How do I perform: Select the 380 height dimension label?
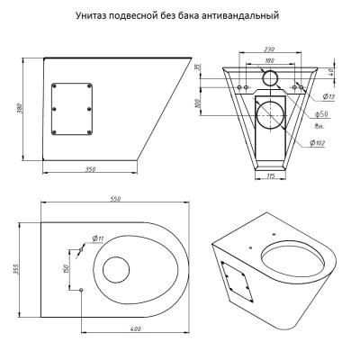pyautogui.click(x=20, y=109)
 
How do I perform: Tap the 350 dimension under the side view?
pyautogui.click(x=90, y=169)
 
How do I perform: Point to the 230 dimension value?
pyautogui.click(x=270, y=49)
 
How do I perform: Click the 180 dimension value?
pyautogui.click(x=270, y=60)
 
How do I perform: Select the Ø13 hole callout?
pyautogui.click(x=328, y=96)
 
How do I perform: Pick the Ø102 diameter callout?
pyautogui.click(x=318, y=143)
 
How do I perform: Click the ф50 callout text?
pyautogui.click(x=321, y=114)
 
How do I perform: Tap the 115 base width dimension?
pyautogui.click(x=271, y=175)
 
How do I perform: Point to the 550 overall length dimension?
pyautogui.click(x=115, y=199)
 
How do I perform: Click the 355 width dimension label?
pyautogui.click(x=16, y=269)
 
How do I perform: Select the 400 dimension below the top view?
pyautogui.click(x=136, y=328)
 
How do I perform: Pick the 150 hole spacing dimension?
pyautogui.click(x=67, y=268)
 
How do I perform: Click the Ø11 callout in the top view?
pyautogui.click(x=98, y=238)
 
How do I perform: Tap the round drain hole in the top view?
pyautogui.click(x=116, y=270)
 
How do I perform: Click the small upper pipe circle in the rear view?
pyautogui.click(x=271, y=78)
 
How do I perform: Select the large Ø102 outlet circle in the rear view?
pyautogui.click(x=271, y=115)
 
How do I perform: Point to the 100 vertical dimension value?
pyautogui.click(x=197, y=103)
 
